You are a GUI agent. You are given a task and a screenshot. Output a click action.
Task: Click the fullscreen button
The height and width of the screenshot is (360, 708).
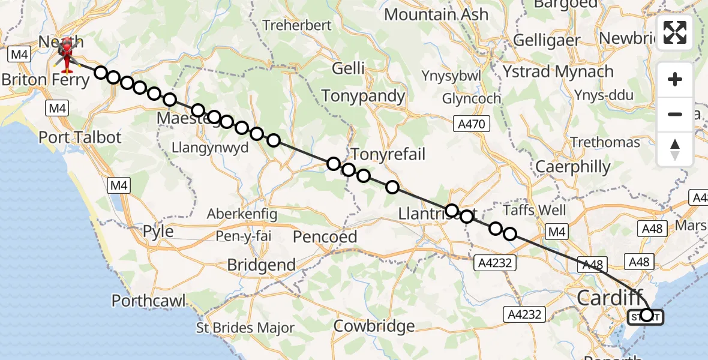coord(675,32)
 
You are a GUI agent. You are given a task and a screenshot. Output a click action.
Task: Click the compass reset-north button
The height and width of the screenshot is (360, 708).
coord(675,149)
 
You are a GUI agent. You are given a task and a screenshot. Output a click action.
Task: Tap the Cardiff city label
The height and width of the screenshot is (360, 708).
coord(610,297)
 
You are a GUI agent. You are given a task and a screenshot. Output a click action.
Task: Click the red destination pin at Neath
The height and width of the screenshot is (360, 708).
coord(65,53)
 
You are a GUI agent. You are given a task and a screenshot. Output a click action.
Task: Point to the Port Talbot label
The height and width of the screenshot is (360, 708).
coord(80,137)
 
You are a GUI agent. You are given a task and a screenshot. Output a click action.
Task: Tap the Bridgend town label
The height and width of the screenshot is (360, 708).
coord(261,265)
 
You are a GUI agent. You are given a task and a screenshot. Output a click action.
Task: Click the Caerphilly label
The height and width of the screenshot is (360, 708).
coord(573,167)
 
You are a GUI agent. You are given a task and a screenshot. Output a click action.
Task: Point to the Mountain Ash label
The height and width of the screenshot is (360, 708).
coord(436,14)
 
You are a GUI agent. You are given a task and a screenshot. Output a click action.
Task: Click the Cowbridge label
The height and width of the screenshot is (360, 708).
coord(374,326)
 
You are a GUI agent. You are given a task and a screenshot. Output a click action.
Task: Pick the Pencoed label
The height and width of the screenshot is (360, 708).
coord(325,237)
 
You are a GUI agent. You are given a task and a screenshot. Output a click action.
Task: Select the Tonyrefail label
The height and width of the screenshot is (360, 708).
coord(388,154)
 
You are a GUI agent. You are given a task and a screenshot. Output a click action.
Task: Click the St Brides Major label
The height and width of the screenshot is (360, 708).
coord(246,328)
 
